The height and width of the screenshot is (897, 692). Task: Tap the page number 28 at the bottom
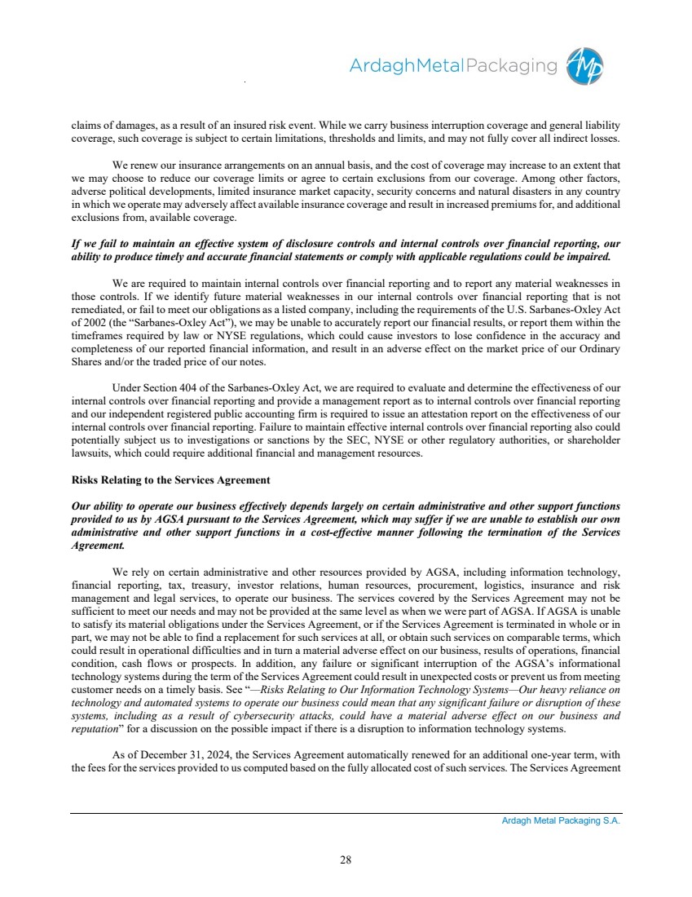[x=346, y=859]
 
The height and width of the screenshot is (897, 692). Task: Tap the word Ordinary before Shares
[x=599, y=350]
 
